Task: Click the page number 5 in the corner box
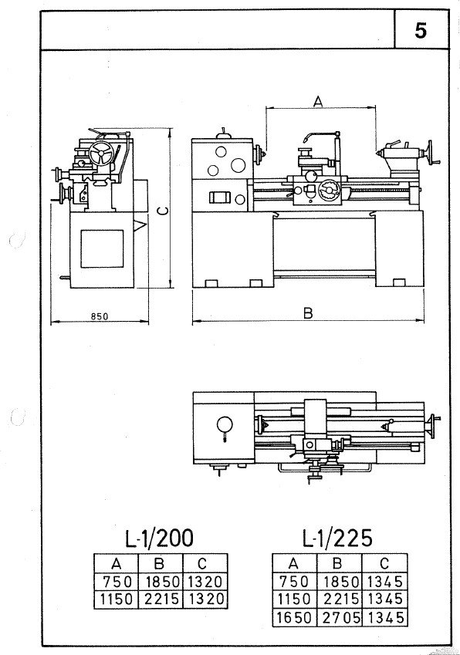(x=421, y=31)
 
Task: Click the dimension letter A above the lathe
(x=318, y=101)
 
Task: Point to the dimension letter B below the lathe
(x=308, y=313)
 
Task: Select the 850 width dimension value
(x=100, y=316)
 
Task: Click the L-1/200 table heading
(x=160, y=538)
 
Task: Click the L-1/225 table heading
(x=337, y=538)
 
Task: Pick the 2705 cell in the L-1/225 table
(x=340, y=618)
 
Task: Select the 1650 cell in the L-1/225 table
(x=295, y=618)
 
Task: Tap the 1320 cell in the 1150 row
(x=205, y=599)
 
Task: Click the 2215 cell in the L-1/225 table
(x=340, y=599)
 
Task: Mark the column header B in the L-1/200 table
(x=159, y=564)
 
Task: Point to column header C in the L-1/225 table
(x=384, y=563)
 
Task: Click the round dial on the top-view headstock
(x=225, y=425)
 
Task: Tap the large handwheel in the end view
(x=100, y=154)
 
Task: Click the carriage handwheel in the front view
(x=328, y=191)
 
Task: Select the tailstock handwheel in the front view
(x=431, y=154)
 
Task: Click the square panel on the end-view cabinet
(x=102, y=248)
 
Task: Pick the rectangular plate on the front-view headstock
(x=219, y=198)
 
